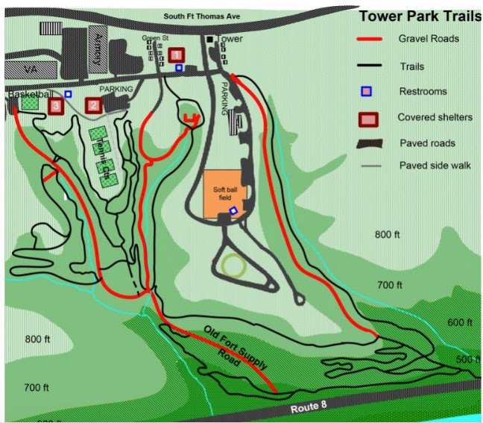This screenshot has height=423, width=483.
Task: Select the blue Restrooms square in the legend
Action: (x=376, y=92)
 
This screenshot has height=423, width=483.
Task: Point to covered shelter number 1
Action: (x=176, y=54)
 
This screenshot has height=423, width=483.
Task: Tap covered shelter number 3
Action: (x=55, y=106)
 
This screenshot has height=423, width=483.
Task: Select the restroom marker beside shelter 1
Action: (x=179, y=68)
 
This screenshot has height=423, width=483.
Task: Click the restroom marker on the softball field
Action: (x=233, y=211)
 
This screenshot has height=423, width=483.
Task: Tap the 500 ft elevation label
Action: (x=469, y=360)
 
